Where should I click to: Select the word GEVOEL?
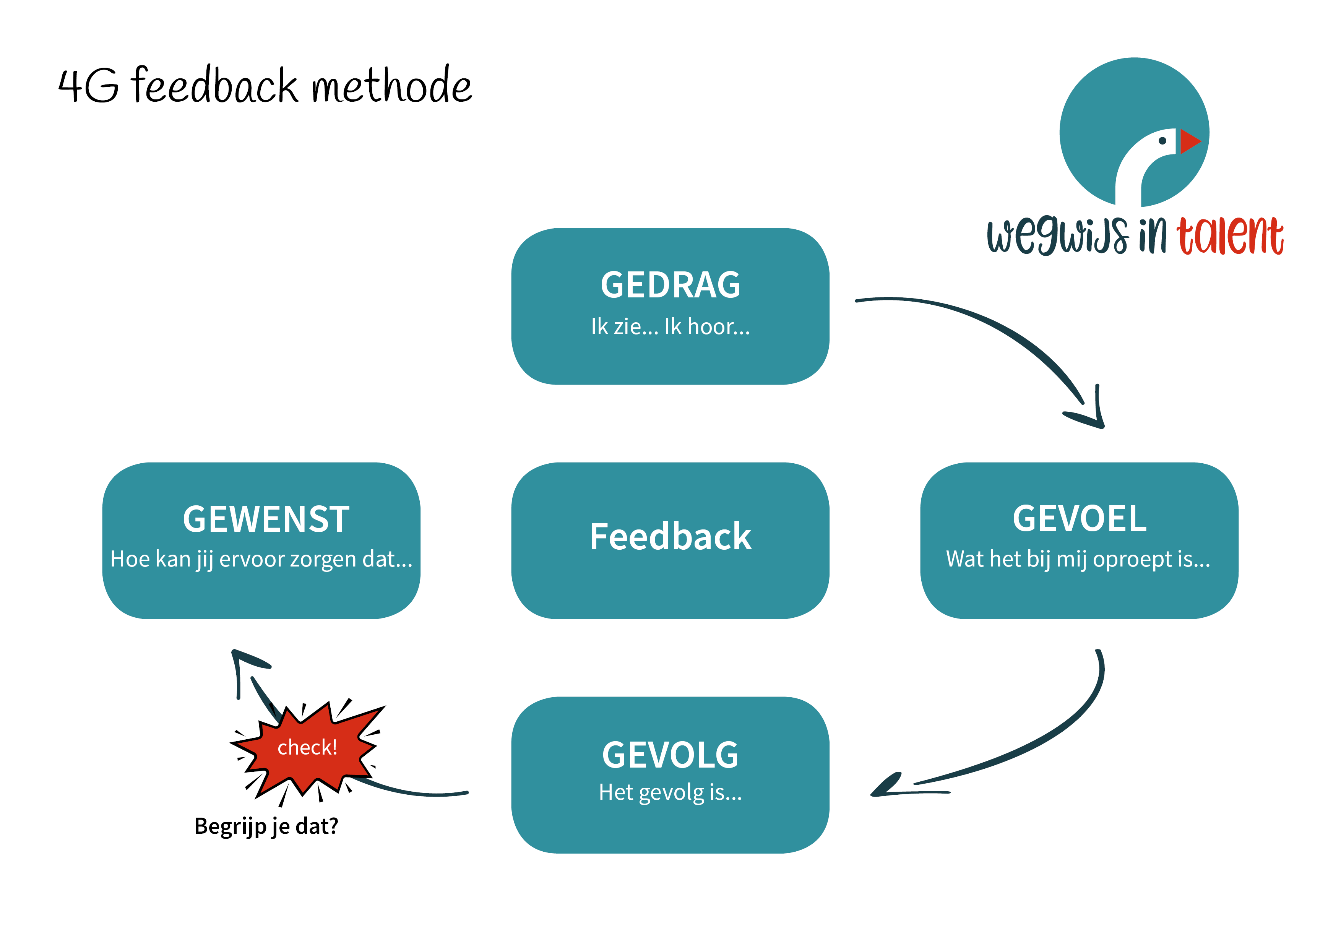[x=1080, y=519]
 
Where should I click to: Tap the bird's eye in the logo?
[x=1162, y=141]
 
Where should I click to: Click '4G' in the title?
[x=88, y=86]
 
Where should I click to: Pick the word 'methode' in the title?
[x=392, y=85]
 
